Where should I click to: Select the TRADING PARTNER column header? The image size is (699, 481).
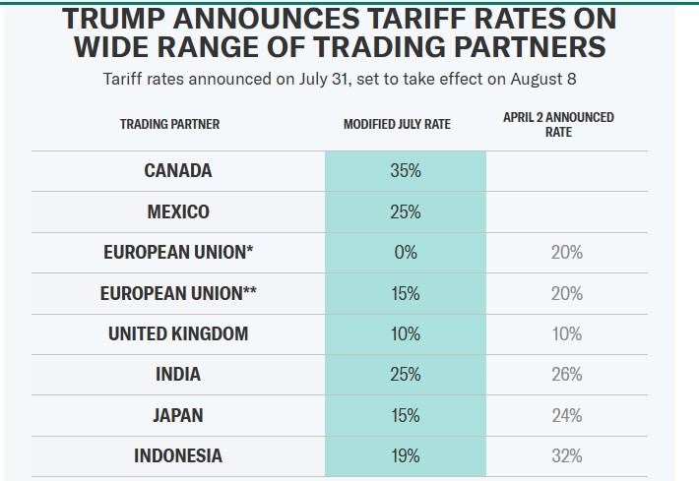pos(169,125)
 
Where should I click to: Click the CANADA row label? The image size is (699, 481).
pos(177,170)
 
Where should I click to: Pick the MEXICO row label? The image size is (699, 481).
pos(177,211)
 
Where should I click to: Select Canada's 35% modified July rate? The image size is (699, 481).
pos(405,170)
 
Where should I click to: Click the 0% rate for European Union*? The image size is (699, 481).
pos(405,252)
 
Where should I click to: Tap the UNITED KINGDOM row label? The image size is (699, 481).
pos(177,333)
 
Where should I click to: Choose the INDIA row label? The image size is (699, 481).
pos(177,374)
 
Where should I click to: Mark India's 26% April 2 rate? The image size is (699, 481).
pos(567,374)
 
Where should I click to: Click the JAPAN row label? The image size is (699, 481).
pos(177,415)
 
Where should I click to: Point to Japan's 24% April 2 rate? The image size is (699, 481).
pos(567,415)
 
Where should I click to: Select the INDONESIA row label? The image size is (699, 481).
pos(177,455)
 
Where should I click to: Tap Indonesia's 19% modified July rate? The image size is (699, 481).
pos(405,455)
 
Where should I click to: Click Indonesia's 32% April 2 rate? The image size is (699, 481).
pos(567,455)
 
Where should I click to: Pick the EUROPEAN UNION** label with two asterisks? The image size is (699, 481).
pos(177,293)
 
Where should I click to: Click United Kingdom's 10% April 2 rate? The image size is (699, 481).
pos(567,333)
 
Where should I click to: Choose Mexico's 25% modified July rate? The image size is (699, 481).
pos(405,211)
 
